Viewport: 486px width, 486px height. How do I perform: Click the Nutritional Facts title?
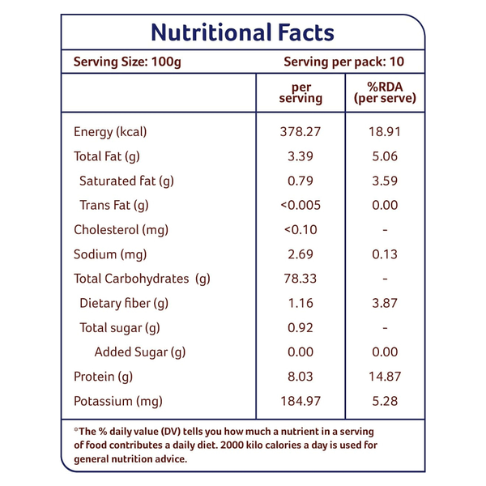[242, 32]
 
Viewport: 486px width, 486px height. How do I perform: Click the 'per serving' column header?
[301, 92]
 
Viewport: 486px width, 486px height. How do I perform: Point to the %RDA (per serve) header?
[385, 92]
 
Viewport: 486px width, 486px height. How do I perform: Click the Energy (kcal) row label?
[110, 132]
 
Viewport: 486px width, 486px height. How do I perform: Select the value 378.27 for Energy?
[301, 132]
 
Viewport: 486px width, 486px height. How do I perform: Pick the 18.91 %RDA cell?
[385, 132]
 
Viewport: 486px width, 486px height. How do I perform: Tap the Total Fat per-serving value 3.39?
[301, 156]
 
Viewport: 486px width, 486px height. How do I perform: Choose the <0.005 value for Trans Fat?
[301, 205]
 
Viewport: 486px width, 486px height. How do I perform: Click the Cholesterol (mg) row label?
[121, 229]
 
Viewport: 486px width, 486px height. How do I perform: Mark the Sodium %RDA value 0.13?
[385, 254]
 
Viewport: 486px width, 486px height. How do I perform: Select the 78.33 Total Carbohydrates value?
[301, 279]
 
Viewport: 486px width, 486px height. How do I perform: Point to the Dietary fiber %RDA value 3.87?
[385, 303]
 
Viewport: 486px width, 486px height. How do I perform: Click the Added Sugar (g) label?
[139, 352]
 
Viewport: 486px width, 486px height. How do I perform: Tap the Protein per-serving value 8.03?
[301, 377]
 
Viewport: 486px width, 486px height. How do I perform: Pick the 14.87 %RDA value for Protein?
[385, 377]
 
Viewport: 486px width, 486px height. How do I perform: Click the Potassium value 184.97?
[301, 401]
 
